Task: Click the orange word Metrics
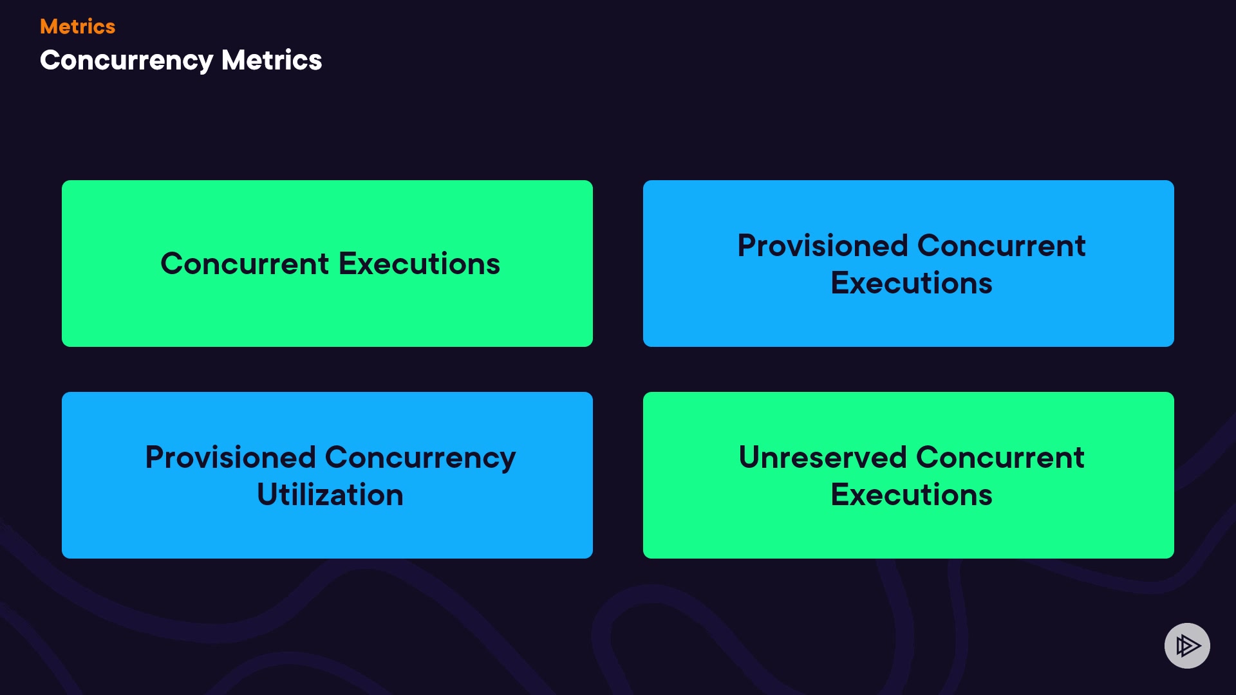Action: (77, 26)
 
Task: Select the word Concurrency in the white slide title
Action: (126, 61)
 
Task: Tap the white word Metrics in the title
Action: (272, 60)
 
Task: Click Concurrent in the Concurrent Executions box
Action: (245, 264)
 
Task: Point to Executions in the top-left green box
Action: (419, 264)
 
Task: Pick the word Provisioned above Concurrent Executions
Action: (823, 246)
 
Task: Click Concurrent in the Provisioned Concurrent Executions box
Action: (1001, 246)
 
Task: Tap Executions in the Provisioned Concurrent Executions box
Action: (912, 283)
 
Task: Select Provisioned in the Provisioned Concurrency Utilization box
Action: (230, 458)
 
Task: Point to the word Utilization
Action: (330, 495)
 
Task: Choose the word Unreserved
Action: (823, 458)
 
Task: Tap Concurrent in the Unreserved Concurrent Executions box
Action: (1000, 458)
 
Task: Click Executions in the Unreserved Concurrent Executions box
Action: (912, 495)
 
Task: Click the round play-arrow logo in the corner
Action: (1187, 645)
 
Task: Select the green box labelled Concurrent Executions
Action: (327, 263)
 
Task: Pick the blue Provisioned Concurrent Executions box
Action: (908, 263)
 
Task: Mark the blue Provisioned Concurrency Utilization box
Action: (327, 475)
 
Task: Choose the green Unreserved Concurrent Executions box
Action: (908, 475)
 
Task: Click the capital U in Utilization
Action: (267, 495)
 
